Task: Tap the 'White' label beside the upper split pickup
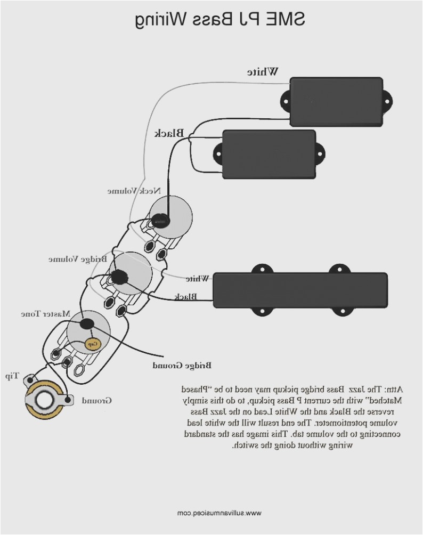pos(264,72)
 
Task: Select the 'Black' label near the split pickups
pos(169,133)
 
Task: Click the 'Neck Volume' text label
pos(129,191)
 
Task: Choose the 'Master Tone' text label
pos(46,314)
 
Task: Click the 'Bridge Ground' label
pos(182,366)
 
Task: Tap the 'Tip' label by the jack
pos(12,376)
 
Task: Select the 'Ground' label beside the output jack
pos(96,400)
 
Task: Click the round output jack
pos(44,399)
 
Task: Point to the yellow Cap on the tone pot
pos(92,342)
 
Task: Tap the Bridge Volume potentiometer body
pos(132,274)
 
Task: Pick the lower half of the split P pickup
pos(269,154)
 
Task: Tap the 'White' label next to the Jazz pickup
pos(197,278)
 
